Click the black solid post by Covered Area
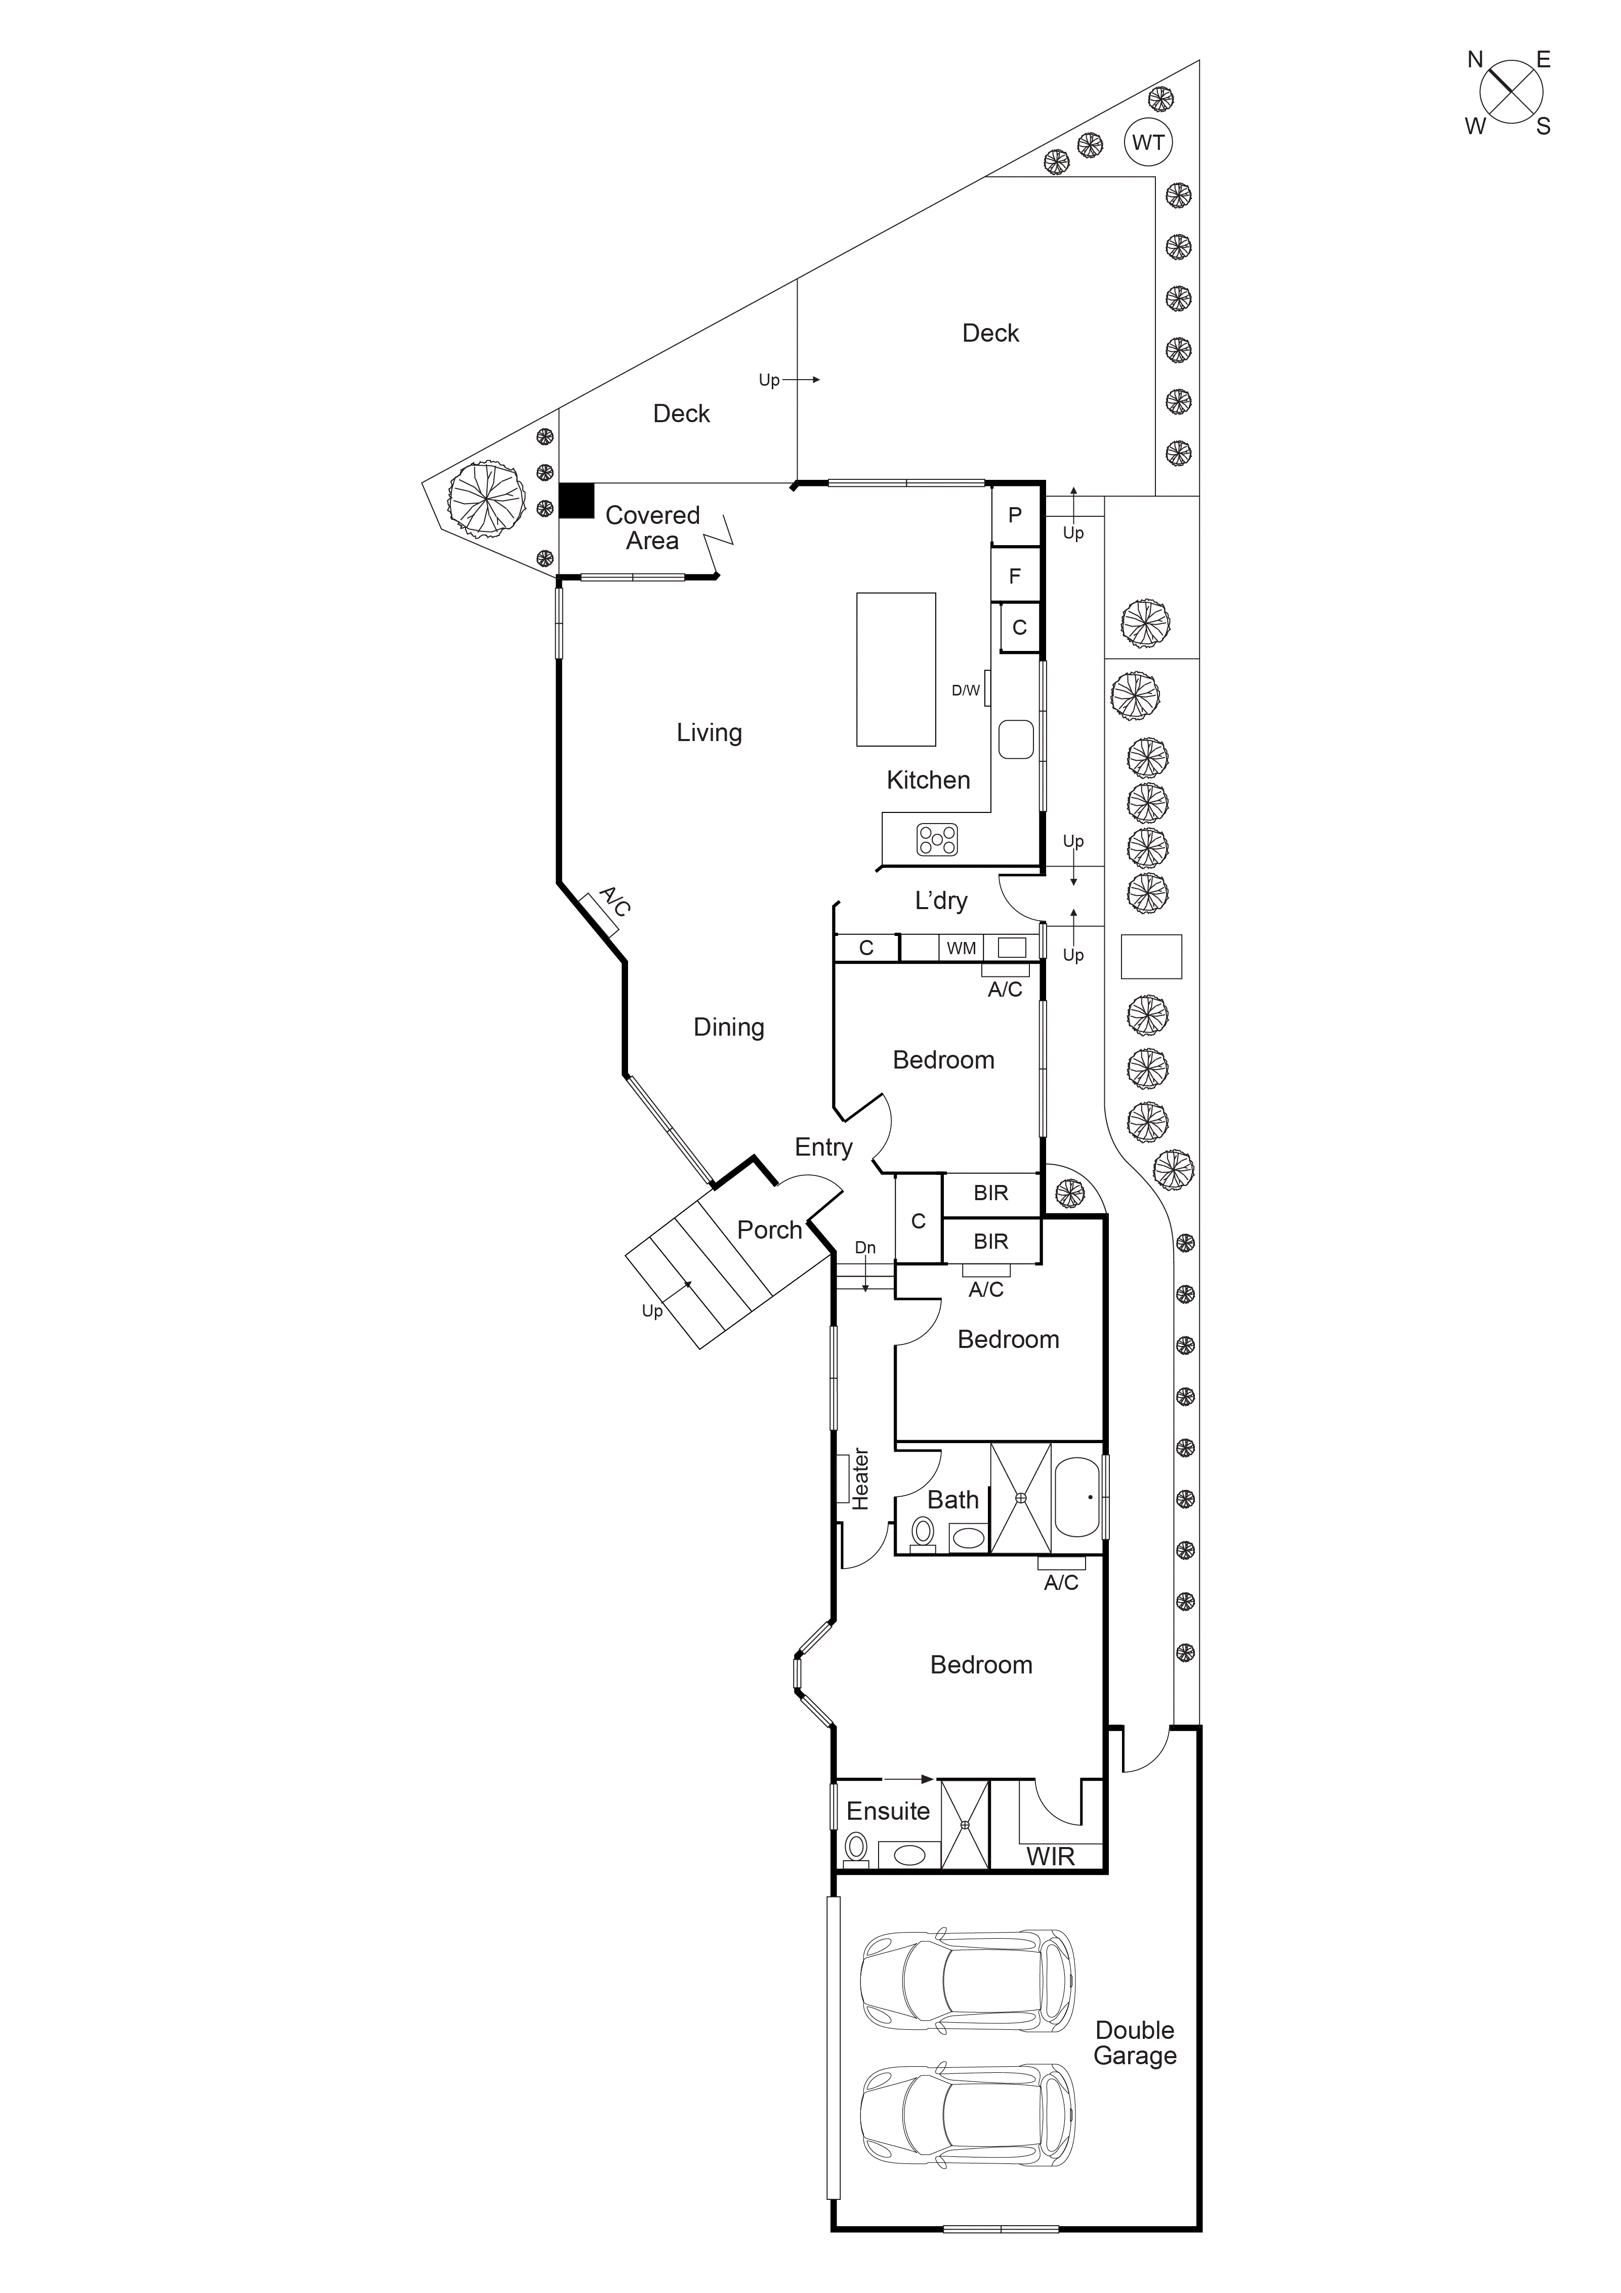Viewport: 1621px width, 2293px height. tap(576, 500)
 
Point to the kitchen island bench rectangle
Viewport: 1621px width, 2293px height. tap(896, 669)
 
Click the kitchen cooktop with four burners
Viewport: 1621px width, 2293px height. tap(937, 840)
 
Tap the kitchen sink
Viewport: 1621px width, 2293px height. tap(1017, 739)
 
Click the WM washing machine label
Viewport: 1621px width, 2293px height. tap(961, 948)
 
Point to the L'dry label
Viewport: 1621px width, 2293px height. tap(941, 901)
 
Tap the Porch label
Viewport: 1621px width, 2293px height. tap(769, 1231)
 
